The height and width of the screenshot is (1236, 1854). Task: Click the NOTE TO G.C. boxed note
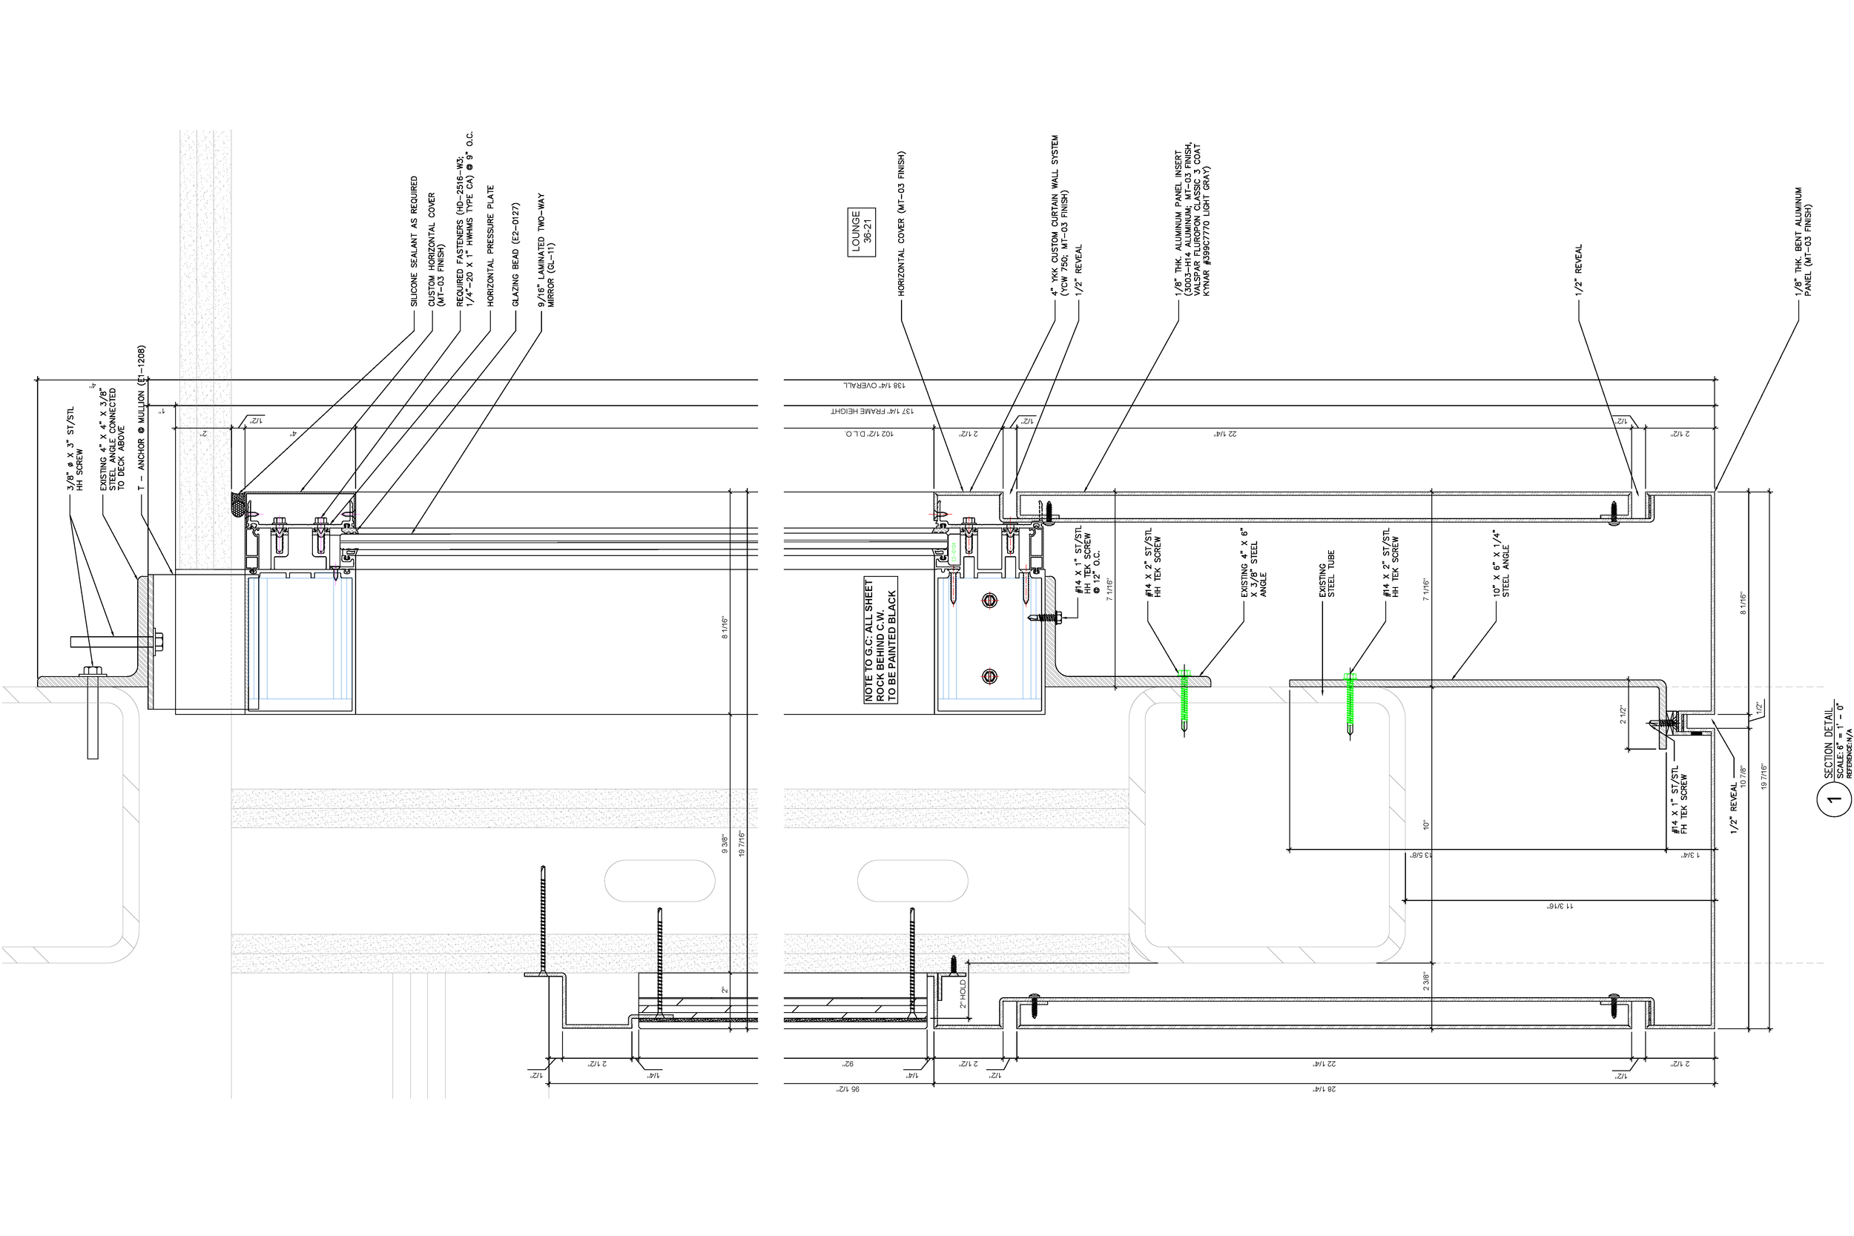point(880,640)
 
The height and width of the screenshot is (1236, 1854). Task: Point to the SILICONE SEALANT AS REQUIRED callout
point(415,241)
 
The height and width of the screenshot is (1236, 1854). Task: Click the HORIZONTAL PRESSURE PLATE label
point(490,246)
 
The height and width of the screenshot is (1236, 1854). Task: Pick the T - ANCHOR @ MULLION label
point(142,417)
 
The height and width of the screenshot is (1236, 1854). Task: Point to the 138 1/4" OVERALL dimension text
point(874,386)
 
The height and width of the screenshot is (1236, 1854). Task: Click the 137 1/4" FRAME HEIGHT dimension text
point(867,412)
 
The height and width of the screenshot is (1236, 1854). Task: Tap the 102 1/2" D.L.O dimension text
point(868,434)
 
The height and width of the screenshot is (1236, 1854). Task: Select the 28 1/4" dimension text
point(1323,1089)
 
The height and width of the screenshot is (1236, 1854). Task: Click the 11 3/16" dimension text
point(1559,907)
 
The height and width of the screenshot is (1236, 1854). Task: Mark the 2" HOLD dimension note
point(963,995)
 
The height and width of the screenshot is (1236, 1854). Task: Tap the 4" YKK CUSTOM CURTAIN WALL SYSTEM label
point(1059,216)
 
